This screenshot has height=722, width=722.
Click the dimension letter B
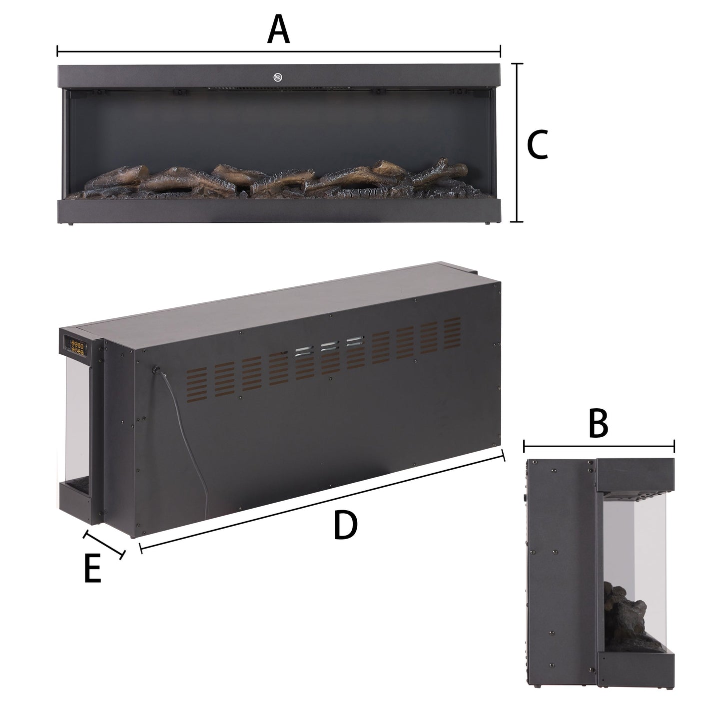598,423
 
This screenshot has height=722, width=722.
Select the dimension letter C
538,144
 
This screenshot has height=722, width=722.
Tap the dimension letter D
346,526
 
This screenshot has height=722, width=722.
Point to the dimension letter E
92,568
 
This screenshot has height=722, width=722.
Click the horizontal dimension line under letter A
278,51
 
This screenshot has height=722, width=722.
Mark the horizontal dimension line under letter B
599,446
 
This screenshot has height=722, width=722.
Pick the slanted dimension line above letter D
322,500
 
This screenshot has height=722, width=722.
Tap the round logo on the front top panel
278,77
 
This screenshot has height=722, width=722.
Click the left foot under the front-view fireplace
71,224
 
